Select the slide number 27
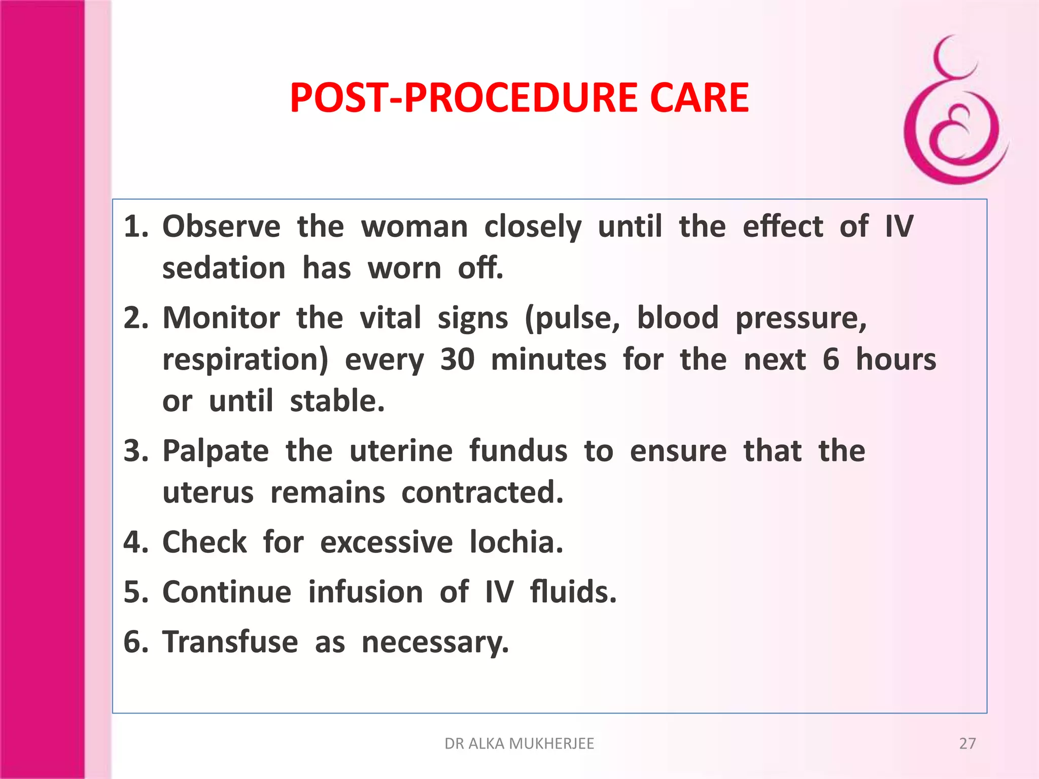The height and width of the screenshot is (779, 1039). pos(967,743)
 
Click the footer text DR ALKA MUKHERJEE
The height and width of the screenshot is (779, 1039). pos(519,743)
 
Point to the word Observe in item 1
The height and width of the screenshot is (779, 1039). pos(221,226)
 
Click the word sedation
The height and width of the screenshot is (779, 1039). pos(224,268)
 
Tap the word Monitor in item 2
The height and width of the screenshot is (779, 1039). pos(221,318)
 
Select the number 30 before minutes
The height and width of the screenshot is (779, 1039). pos(457,360)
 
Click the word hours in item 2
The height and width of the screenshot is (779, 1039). pos(895,360)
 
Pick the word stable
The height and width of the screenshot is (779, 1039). pos(337,401)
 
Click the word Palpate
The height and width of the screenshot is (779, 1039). pos(216,451)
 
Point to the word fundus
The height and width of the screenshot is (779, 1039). pos(518,451)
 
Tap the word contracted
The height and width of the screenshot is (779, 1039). pos(482,492)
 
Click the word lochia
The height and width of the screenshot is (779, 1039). pos(516,542)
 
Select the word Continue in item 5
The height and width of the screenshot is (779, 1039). pos(227,592)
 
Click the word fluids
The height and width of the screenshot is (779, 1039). pos(573,592)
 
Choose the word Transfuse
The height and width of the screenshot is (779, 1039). pos(230,642)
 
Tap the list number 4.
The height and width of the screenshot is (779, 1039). pos(133,542)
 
